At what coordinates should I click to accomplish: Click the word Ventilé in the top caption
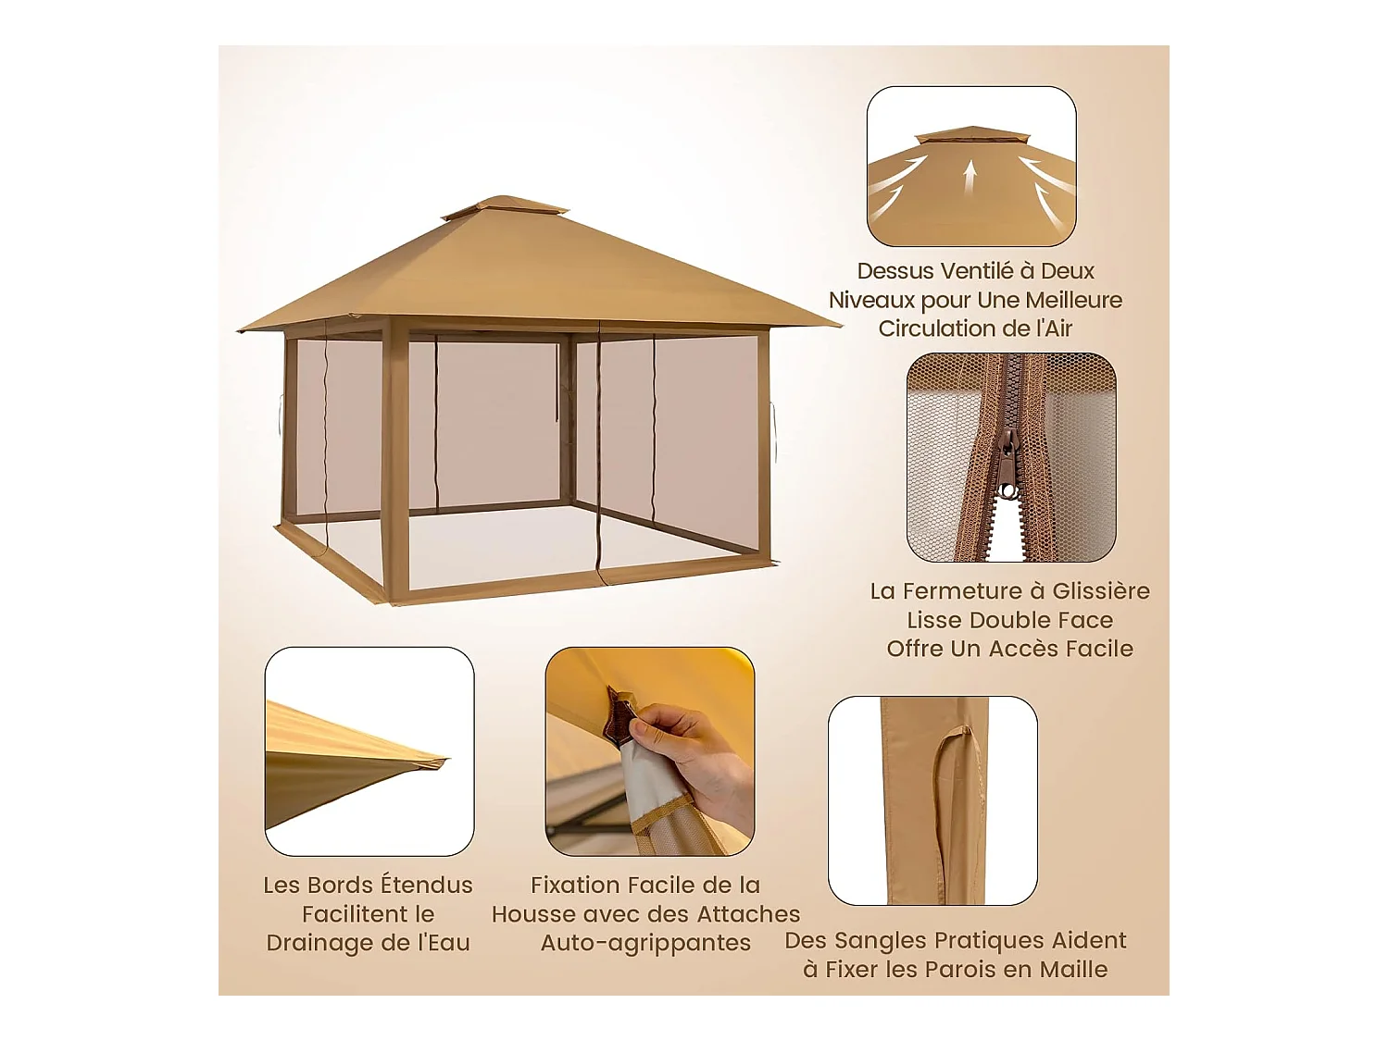click(983, 271)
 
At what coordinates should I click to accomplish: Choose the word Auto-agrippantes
click(645, 943)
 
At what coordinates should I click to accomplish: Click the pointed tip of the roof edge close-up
click(447, 758)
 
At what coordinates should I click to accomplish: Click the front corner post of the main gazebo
click(394, 463)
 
